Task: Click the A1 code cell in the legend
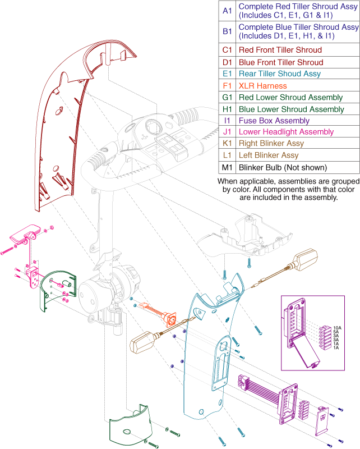[x=227, y=11]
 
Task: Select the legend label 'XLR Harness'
[x=262, y=86]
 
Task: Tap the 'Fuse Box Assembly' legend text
[x=274, y=121]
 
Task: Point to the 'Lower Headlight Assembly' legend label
[x=286, y=132]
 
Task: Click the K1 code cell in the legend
[x=227, y=144]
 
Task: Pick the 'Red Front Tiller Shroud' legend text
[x=280, y=50]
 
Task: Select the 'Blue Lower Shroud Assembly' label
[x=292, y=109]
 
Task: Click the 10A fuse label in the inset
[x=337, y=327]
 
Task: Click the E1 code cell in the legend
[x=227, y=74]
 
